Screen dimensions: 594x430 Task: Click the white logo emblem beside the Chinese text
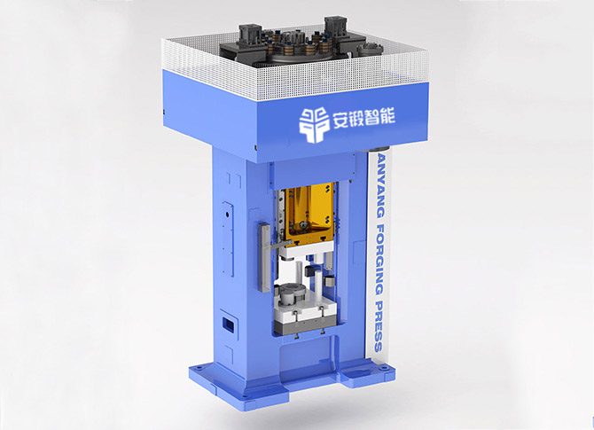pos(315,124)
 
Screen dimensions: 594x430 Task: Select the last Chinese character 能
pos(387,116)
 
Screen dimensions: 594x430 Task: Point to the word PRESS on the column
pos(378,326)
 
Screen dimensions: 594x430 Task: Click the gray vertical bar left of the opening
pos(265,256)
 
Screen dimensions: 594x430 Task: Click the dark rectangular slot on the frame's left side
pos(228,324)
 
